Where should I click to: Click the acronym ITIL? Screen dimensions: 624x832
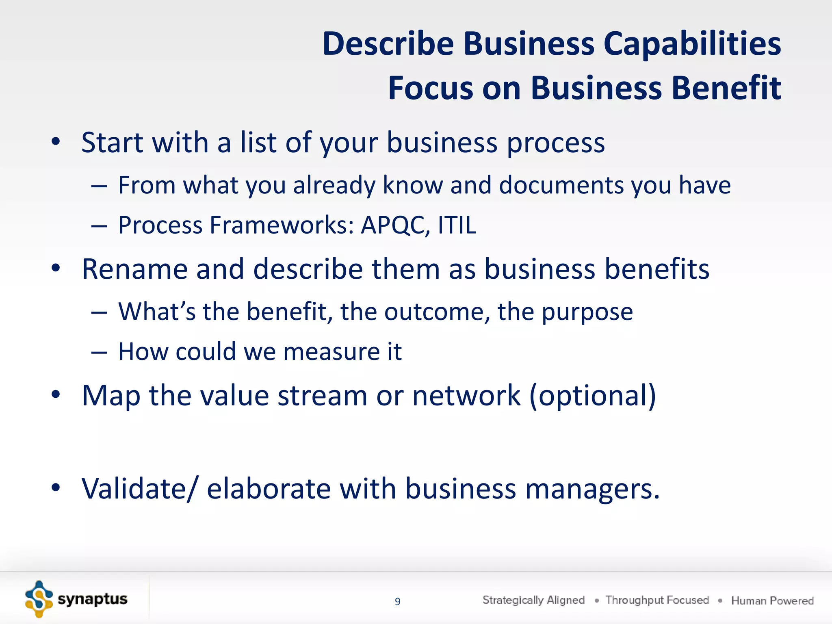457,225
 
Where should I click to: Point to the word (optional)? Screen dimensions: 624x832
593,396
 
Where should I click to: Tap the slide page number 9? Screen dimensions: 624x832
398,601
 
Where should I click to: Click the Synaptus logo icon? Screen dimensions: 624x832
39,599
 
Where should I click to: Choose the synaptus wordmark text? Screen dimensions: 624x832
93,599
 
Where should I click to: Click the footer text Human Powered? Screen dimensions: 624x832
772,600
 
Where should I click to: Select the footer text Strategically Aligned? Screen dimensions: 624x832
533,600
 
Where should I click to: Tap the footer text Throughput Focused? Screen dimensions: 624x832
657,600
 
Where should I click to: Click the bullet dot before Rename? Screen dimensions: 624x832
56,268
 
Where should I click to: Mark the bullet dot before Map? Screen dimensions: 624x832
56,394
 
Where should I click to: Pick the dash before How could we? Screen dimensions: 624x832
99,352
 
